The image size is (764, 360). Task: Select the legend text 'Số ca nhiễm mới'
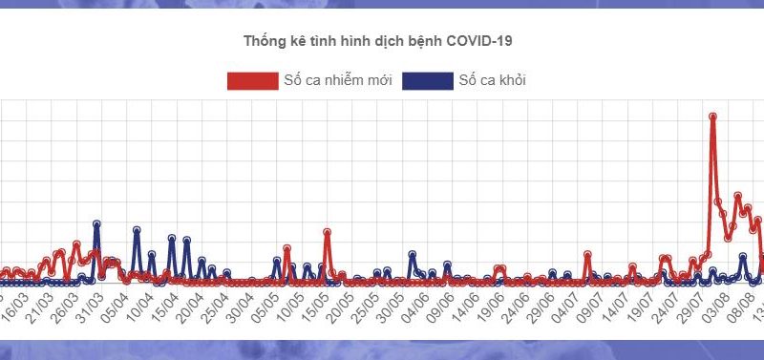click(338, 80)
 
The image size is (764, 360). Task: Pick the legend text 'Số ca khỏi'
click(492, 80)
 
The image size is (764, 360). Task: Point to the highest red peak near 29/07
click(713, 116)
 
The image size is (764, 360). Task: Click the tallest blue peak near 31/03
click(96, 223)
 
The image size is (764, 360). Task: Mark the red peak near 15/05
click(328, 232)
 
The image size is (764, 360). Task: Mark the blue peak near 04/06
click(412, 254)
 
